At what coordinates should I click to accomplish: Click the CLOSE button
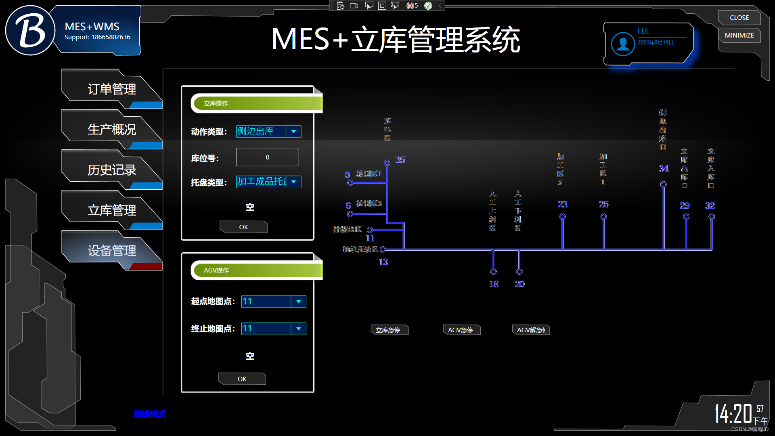click(739, 18)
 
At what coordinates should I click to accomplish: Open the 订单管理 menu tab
click(112, 89)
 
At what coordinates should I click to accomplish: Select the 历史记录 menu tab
click(112, 170)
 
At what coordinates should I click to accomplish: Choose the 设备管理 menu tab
click(112, 251)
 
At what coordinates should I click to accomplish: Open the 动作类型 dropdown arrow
click(293, 132)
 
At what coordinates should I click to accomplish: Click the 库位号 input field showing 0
click(267, 157)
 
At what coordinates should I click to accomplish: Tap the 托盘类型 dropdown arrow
click(293, 182)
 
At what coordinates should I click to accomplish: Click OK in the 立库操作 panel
click(243, 227)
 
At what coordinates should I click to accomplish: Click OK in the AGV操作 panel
click(242, 379)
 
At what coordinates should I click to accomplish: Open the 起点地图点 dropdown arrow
click(298, 302)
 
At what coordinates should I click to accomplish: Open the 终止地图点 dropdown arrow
click(298, 329)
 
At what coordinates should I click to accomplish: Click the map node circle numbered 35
click(387, 163)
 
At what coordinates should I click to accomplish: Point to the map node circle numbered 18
click(493, 272)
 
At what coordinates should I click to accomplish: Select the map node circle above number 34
click(663, 184)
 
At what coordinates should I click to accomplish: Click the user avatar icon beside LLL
click(623, 44)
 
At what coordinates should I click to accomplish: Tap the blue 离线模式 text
click(149, 414)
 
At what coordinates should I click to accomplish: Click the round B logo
click(30, 31)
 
